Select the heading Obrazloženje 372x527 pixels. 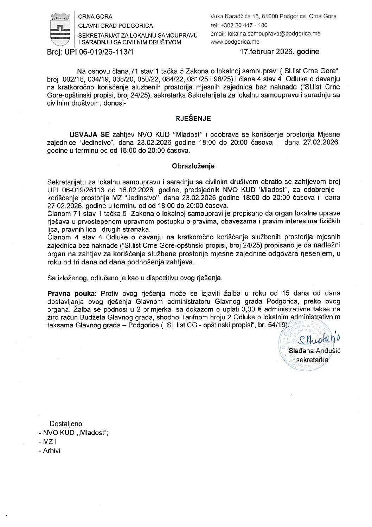(193, 166)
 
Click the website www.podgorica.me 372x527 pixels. (235, 42)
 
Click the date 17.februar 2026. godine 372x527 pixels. (280, 52)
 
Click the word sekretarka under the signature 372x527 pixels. (312, 360)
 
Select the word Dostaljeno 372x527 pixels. (66, 424)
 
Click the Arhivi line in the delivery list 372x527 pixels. (51, 451)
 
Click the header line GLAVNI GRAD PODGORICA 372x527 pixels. (115, 26)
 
